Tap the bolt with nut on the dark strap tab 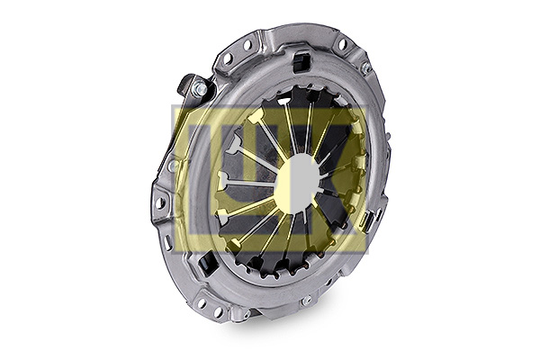pos(200,87)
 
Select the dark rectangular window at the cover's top pos(301,61)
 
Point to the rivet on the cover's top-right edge pos(365,67)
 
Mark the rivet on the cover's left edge pos(173,166)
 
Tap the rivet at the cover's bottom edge pos(306,301)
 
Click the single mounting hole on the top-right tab pos(342,44)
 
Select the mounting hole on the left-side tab pos(160,202)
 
